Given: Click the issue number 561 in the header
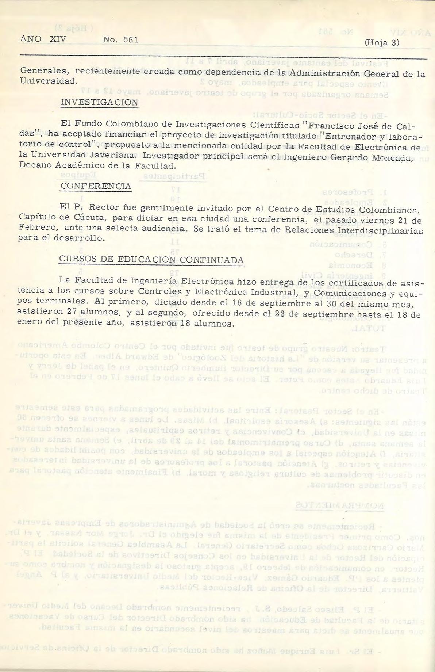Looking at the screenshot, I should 131,40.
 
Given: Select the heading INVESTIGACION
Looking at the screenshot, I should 99,102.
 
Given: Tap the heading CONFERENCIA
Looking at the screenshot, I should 95,186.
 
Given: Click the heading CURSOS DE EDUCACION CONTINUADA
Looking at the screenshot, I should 151,260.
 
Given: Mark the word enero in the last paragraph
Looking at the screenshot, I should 28,322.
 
